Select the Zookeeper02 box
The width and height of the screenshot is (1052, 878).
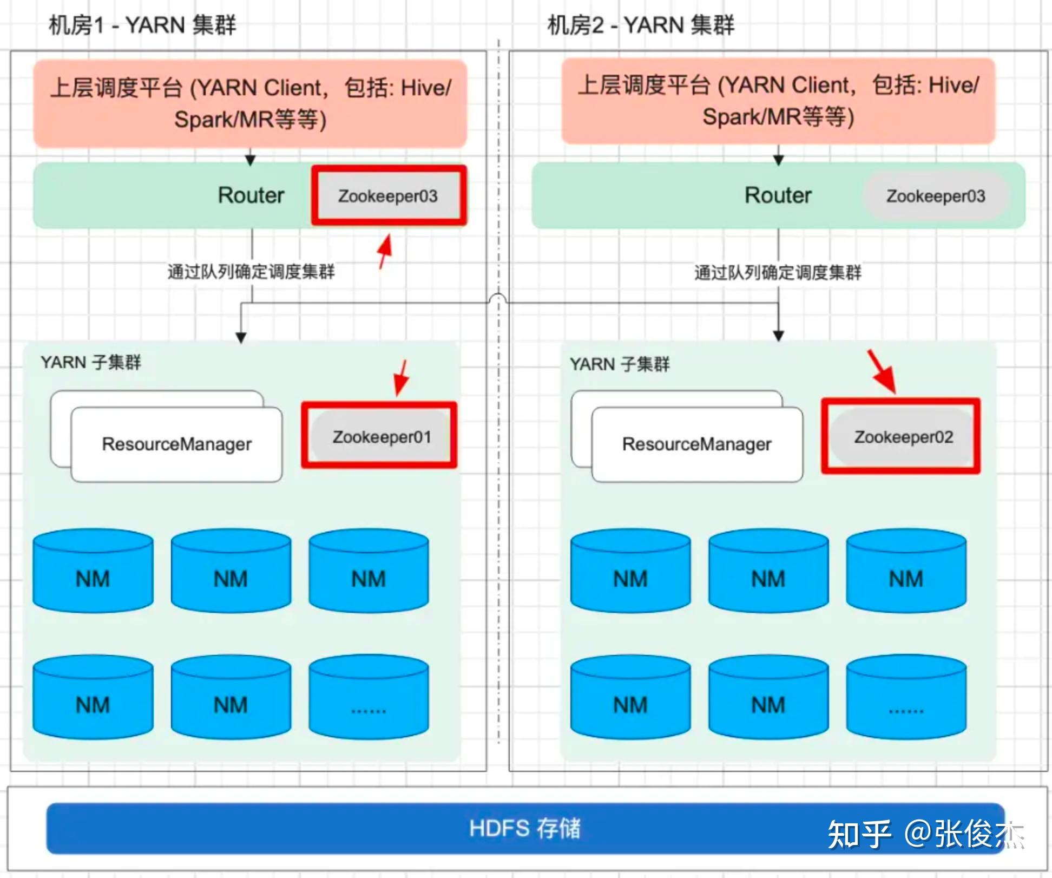[x=903, y=436]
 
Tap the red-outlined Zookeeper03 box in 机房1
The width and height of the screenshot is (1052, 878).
[x=388, y=196]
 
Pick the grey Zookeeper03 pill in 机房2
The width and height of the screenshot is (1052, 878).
[x=935, y=196]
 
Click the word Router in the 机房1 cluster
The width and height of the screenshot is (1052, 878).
[x=251, y=195]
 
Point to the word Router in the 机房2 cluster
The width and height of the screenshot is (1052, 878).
[x=778, y=195]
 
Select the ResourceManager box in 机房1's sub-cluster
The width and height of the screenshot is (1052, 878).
[x=176, y=444]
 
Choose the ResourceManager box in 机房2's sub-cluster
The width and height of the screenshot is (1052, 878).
[x=696, y=444]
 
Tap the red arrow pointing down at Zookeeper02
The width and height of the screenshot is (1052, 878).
[x=882, y=372]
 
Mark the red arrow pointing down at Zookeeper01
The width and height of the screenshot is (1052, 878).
[x=402, y=377]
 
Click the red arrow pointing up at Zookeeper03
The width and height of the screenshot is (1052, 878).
[x=385, y=251]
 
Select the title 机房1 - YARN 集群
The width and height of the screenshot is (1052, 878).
[x=142, y=25]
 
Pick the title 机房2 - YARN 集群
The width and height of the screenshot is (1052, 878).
[x=641, y=25]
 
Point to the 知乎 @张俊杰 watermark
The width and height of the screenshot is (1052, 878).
[x=925, y=834]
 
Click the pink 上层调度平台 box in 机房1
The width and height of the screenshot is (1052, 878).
[x=250, y=103]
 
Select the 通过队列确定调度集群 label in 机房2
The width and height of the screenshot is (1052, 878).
[x=778, y=272]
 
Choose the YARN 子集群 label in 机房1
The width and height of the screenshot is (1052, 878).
[x=91, y=362]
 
